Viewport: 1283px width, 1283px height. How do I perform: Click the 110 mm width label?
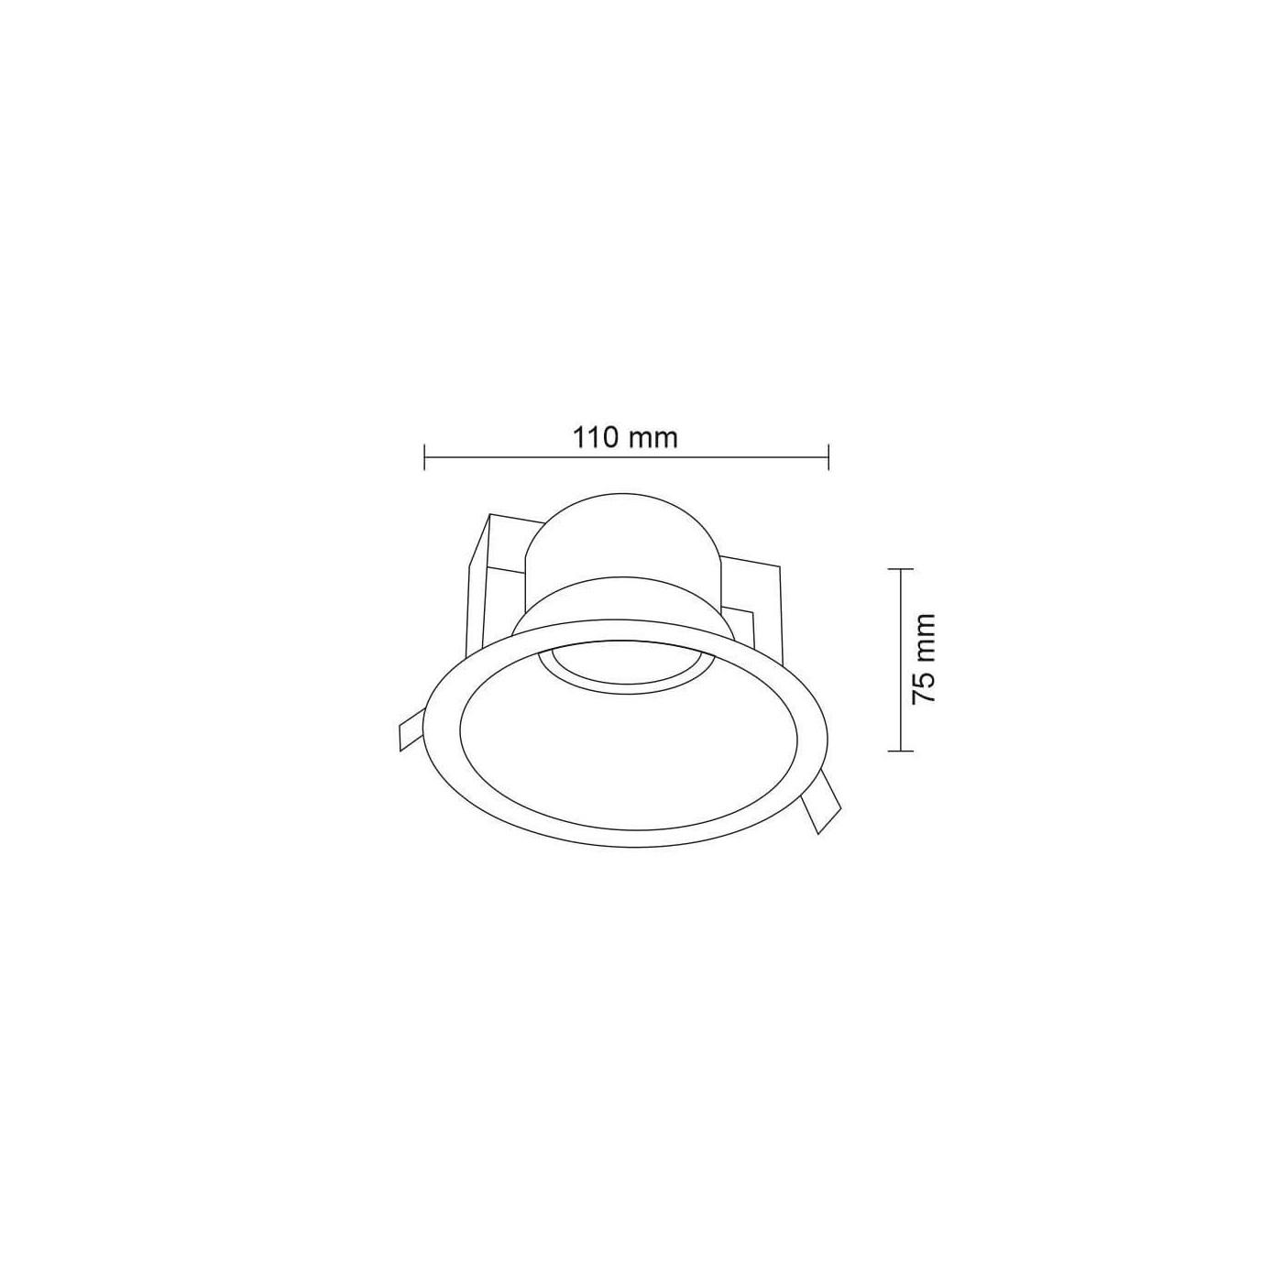click(625, 437)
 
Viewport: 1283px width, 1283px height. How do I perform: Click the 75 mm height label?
click(924, 659)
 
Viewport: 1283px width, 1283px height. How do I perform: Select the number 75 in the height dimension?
click(924, 690)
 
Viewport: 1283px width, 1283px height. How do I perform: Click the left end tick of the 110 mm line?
click(425, 457)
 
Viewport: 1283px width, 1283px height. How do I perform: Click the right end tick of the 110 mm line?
click(828, 457)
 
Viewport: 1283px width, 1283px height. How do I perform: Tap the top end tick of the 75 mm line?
click(901, 569)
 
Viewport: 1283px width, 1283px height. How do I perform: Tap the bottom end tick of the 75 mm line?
click(901, 751)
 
